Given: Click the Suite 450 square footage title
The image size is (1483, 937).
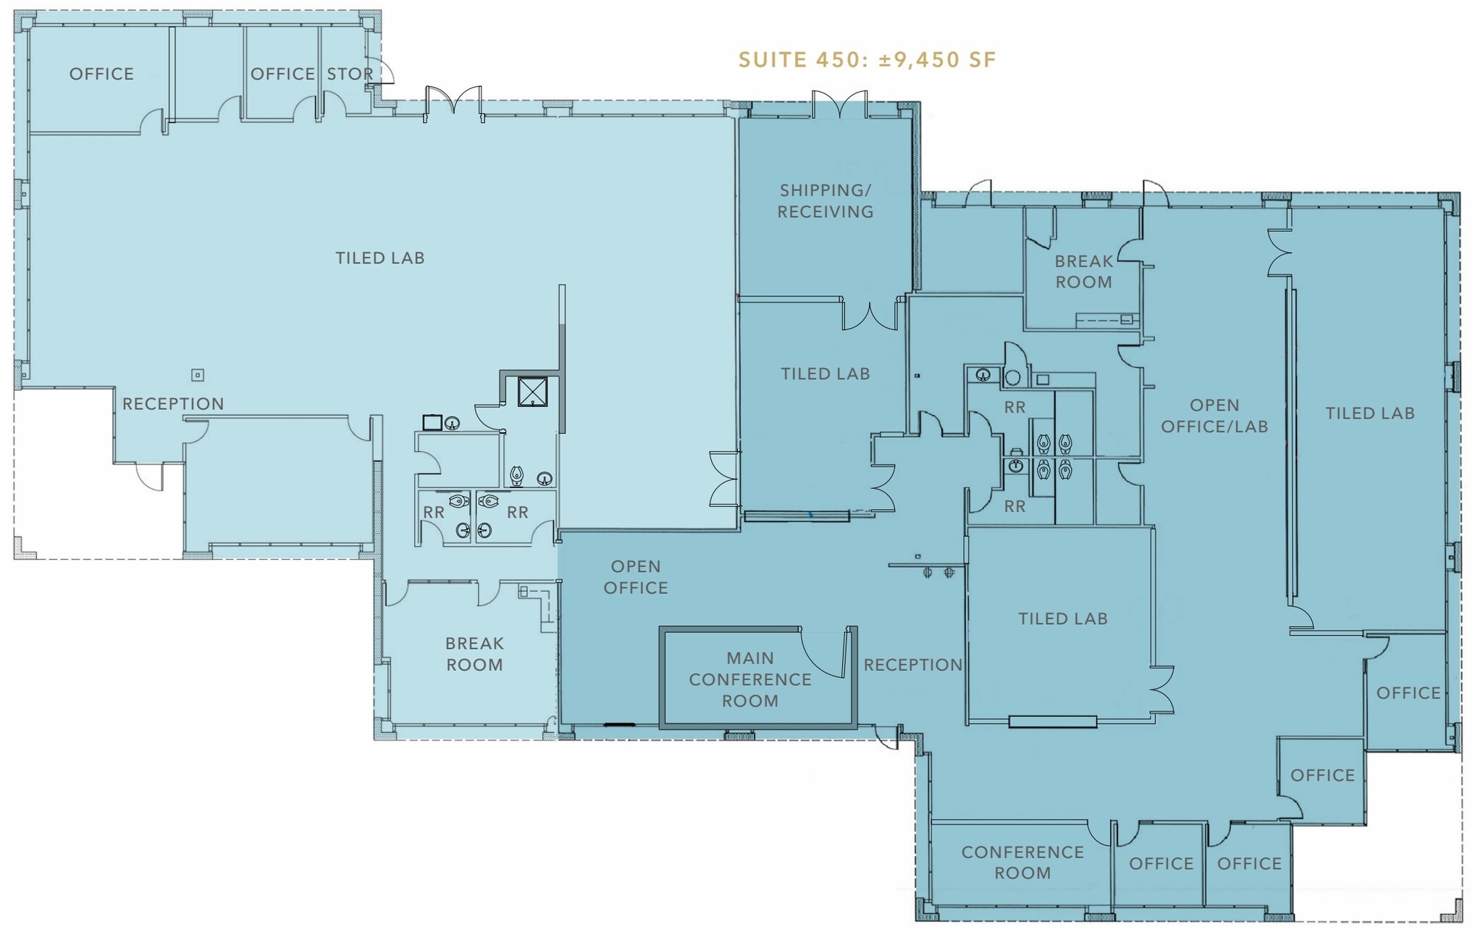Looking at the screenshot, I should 867,59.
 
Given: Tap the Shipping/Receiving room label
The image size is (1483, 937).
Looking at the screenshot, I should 825,201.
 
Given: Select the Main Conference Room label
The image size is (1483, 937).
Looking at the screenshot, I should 750,679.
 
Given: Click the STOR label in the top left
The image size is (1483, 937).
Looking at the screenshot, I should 350,74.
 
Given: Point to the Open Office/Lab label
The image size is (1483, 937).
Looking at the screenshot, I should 1214,416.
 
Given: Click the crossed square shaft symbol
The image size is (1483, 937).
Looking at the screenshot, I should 532,392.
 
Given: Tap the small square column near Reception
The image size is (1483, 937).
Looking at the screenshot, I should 197,375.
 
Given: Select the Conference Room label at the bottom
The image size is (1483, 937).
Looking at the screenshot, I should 1022,862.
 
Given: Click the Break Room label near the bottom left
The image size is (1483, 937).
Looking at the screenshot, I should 474,654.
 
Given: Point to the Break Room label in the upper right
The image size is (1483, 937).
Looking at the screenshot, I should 1083,272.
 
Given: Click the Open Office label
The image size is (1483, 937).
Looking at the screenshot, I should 635,577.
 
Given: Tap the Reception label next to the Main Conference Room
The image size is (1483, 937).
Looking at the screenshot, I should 912,665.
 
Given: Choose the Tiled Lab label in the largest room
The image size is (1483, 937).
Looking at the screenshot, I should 379,258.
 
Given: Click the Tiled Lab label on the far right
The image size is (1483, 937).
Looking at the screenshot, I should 1369,413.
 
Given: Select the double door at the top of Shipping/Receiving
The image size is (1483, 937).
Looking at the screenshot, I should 839,105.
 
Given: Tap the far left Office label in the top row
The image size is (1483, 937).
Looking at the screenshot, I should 101,74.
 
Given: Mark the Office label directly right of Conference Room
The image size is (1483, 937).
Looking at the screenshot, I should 1161,863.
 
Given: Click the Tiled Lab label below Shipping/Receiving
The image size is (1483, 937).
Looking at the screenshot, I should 825,374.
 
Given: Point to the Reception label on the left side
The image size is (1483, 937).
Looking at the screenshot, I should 173,404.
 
